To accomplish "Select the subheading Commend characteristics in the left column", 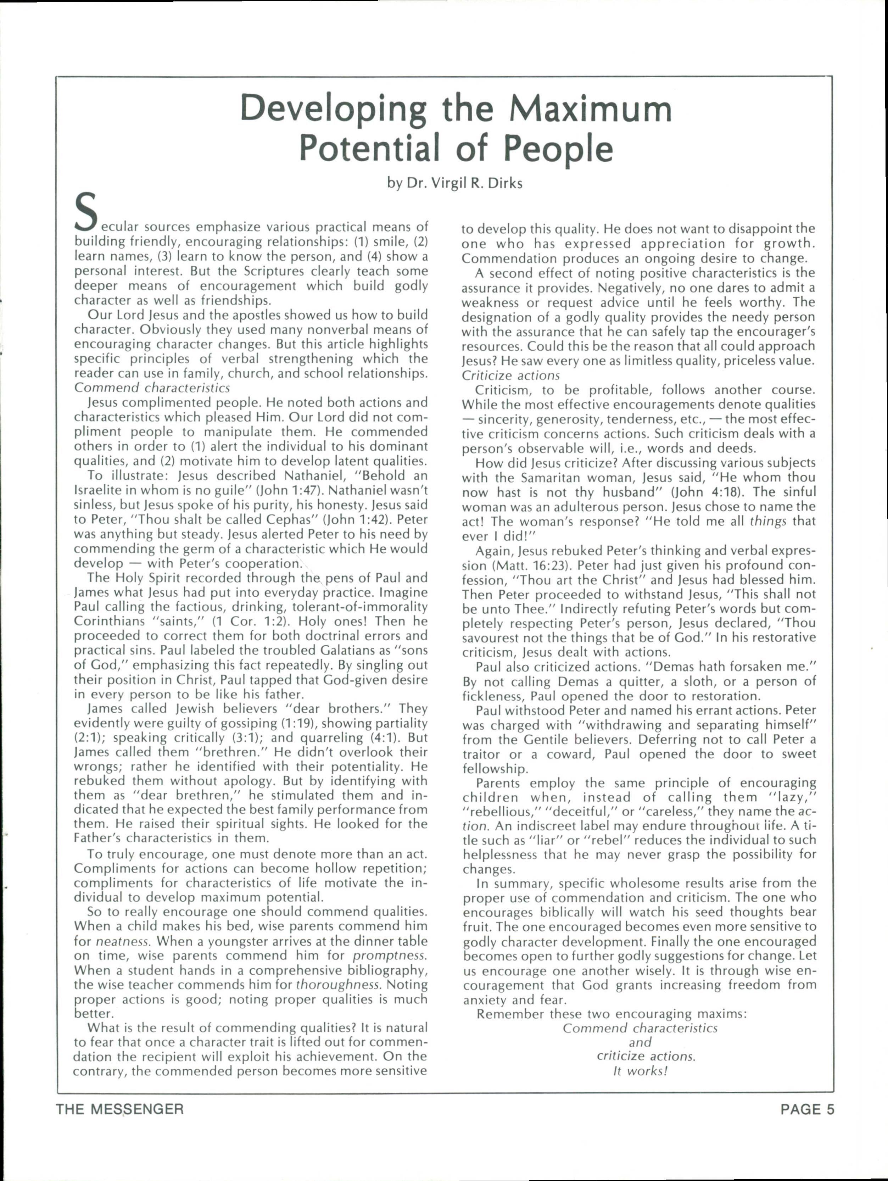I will coord(152,387).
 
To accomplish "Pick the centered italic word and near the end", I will coord(640,1042).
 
